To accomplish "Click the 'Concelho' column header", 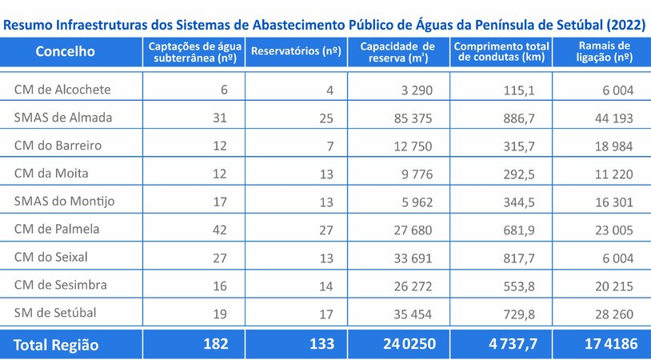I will (66, 52).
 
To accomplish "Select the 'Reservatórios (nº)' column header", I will (296, 52).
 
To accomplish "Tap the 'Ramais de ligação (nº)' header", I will (603, 52).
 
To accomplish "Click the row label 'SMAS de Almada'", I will (63, 118).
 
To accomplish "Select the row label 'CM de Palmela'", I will (57, 230).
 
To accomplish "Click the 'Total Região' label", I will (56, 345).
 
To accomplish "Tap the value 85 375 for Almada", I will (411, 118).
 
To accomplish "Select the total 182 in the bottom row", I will (215, 345).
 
